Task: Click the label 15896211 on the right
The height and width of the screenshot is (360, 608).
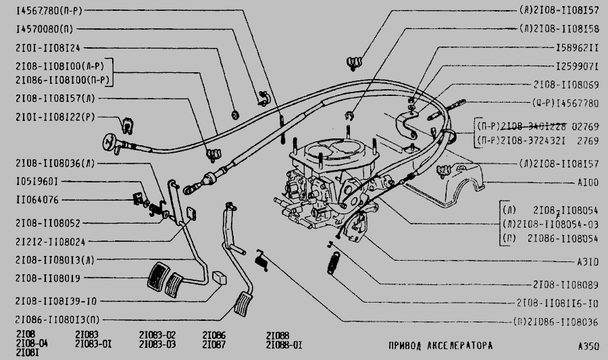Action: [576, 49]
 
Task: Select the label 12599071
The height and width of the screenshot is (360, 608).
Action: [576, 68]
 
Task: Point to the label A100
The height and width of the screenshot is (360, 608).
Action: [587, 182]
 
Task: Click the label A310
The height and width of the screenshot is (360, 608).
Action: [587, 263]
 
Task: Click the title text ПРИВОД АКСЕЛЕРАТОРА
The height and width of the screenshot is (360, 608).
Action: [440, 346]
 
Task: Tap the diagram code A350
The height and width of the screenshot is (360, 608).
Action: [588, 346]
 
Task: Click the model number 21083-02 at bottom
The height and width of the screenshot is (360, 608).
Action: [157, 335]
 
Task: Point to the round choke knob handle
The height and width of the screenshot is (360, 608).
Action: [108, 143]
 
